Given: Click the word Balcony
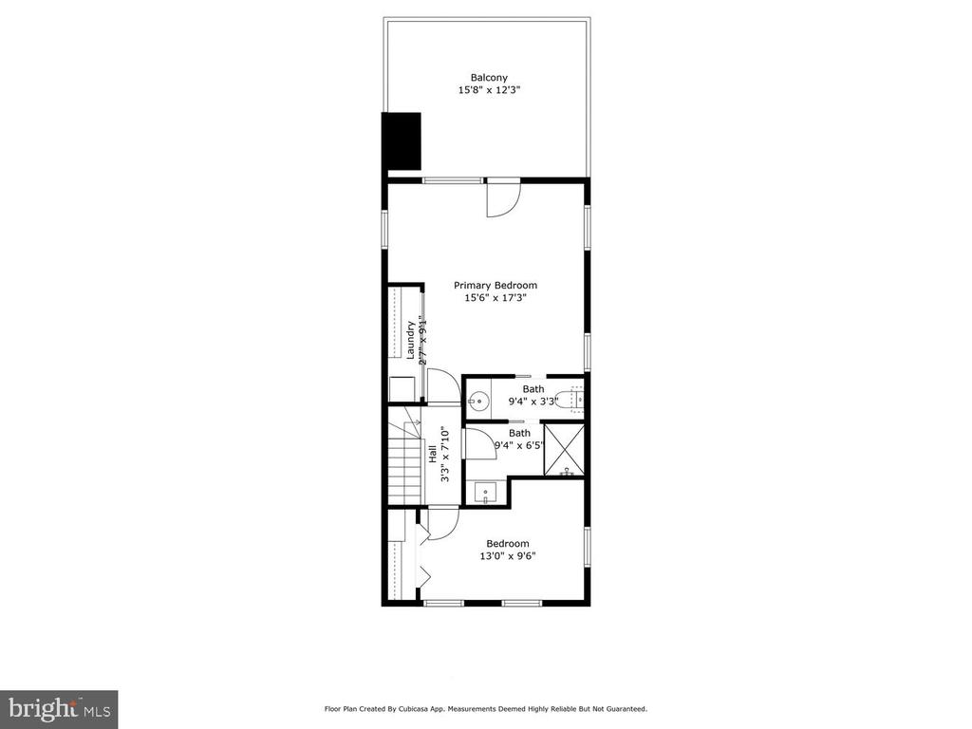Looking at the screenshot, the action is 489,78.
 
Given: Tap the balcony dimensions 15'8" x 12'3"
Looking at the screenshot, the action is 489,90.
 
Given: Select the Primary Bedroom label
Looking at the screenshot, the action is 495,285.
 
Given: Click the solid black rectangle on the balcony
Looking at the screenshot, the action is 402,141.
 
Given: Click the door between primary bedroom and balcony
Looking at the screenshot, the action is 503,197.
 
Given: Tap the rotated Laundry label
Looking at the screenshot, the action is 410,340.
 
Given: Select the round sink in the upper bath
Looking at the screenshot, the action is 478,402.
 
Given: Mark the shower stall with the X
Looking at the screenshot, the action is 564,449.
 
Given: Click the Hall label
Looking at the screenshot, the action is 432,454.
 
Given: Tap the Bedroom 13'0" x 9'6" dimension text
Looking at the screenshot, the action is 508,556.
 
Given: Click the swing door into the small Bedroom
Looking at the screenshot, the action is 442,524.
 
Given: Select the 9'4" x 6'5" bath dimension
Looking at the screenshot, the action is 519,445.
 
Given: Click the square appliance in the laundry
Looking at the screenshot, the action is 402,388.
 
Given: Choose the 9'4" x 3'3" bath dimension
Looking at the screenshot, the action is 533,402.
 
